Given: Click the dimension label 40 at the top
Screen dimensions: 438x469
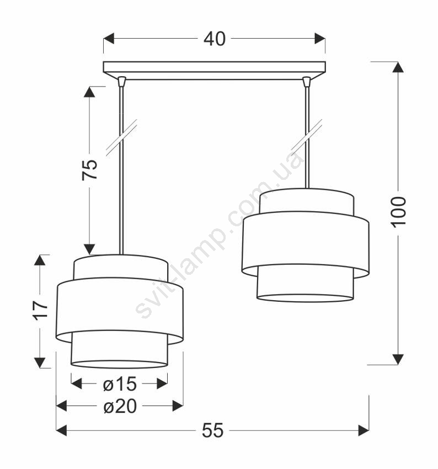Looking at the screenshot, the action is tap(215, 39).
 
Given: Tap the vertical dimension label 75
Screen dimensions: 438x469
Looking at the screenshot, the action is tap(90, 169).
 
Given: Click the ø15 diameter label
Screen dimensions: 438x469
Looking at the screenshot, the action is tap(120, 384).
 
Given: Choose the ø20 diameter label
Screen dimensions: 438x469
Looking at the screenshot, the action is tap(120, 407).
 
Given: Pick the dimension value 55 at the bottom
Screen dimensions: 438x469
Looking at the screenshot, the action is tap(212, 430).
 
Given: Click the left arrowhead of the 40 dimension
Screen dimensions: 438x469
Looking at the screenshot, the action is tap(109, 39).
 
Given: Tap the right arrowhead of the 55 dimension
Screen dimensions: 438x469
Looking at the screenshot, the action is tap(364, 431).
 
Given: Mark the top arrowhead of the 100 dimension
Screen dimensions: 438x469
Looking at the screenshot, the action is tap(398, 67).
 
